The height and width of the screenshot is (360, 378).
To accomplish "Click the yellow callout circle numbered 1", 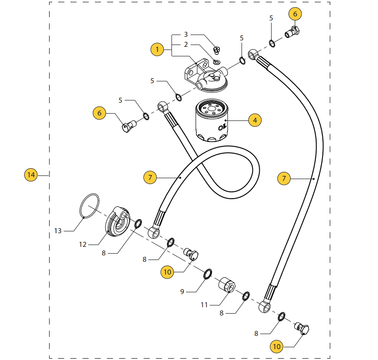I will tap(157, 49).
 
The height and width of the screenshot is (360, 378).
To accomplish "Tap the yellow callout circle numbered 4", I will tap(255, 120).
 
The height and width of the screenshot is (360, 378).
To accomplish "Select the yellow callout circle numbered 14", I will tap(30, 175).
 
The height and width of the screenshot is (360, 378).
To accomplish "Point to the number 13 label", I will tap(58, 231).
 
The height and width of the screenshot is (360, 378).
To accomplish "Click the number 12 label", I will tap(82, 245).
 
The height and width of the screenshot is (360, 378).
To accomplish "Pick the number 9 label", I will tap(182, 291).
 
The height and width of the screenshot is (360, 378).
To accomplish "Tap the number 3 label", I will tap(186, 35).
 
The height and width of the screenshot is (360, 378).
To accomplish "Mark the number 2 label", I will tap(186, 45).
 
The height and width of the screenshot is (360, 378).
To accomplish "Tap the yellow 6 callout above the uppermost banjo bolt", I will tap(295, 14).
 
